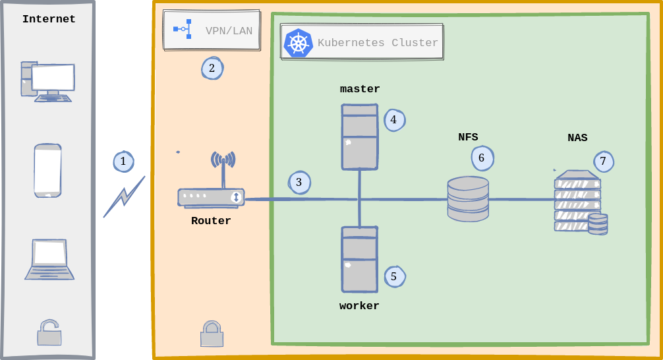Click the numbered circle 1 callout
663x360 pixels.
[123, 162]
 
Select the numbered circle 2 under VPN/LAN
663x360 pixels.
[212, 68]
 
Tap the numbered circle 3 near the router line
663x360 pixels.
[299, 182]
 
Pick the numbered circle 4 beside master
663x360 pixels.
[394, 120]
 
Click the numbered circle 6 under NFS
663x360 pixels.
[482, 158]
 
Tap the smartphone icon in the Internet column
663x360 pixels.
[49, 171]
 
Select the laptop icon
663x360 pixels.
[49, 260]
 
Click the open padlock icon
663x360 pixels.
[49, 332]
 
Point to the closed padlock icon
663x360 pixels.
[211, 334]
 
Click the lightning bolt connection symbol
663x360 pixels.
[124, 196]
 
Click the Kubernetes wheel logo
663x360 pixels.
[298, 44]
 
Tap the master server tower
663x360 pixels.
[359, 136]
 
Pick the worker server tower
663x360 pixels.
[359, 259]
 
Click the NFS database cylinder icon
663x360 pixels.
[468, 198]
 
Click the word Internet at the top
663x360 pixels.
[49, 19]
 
